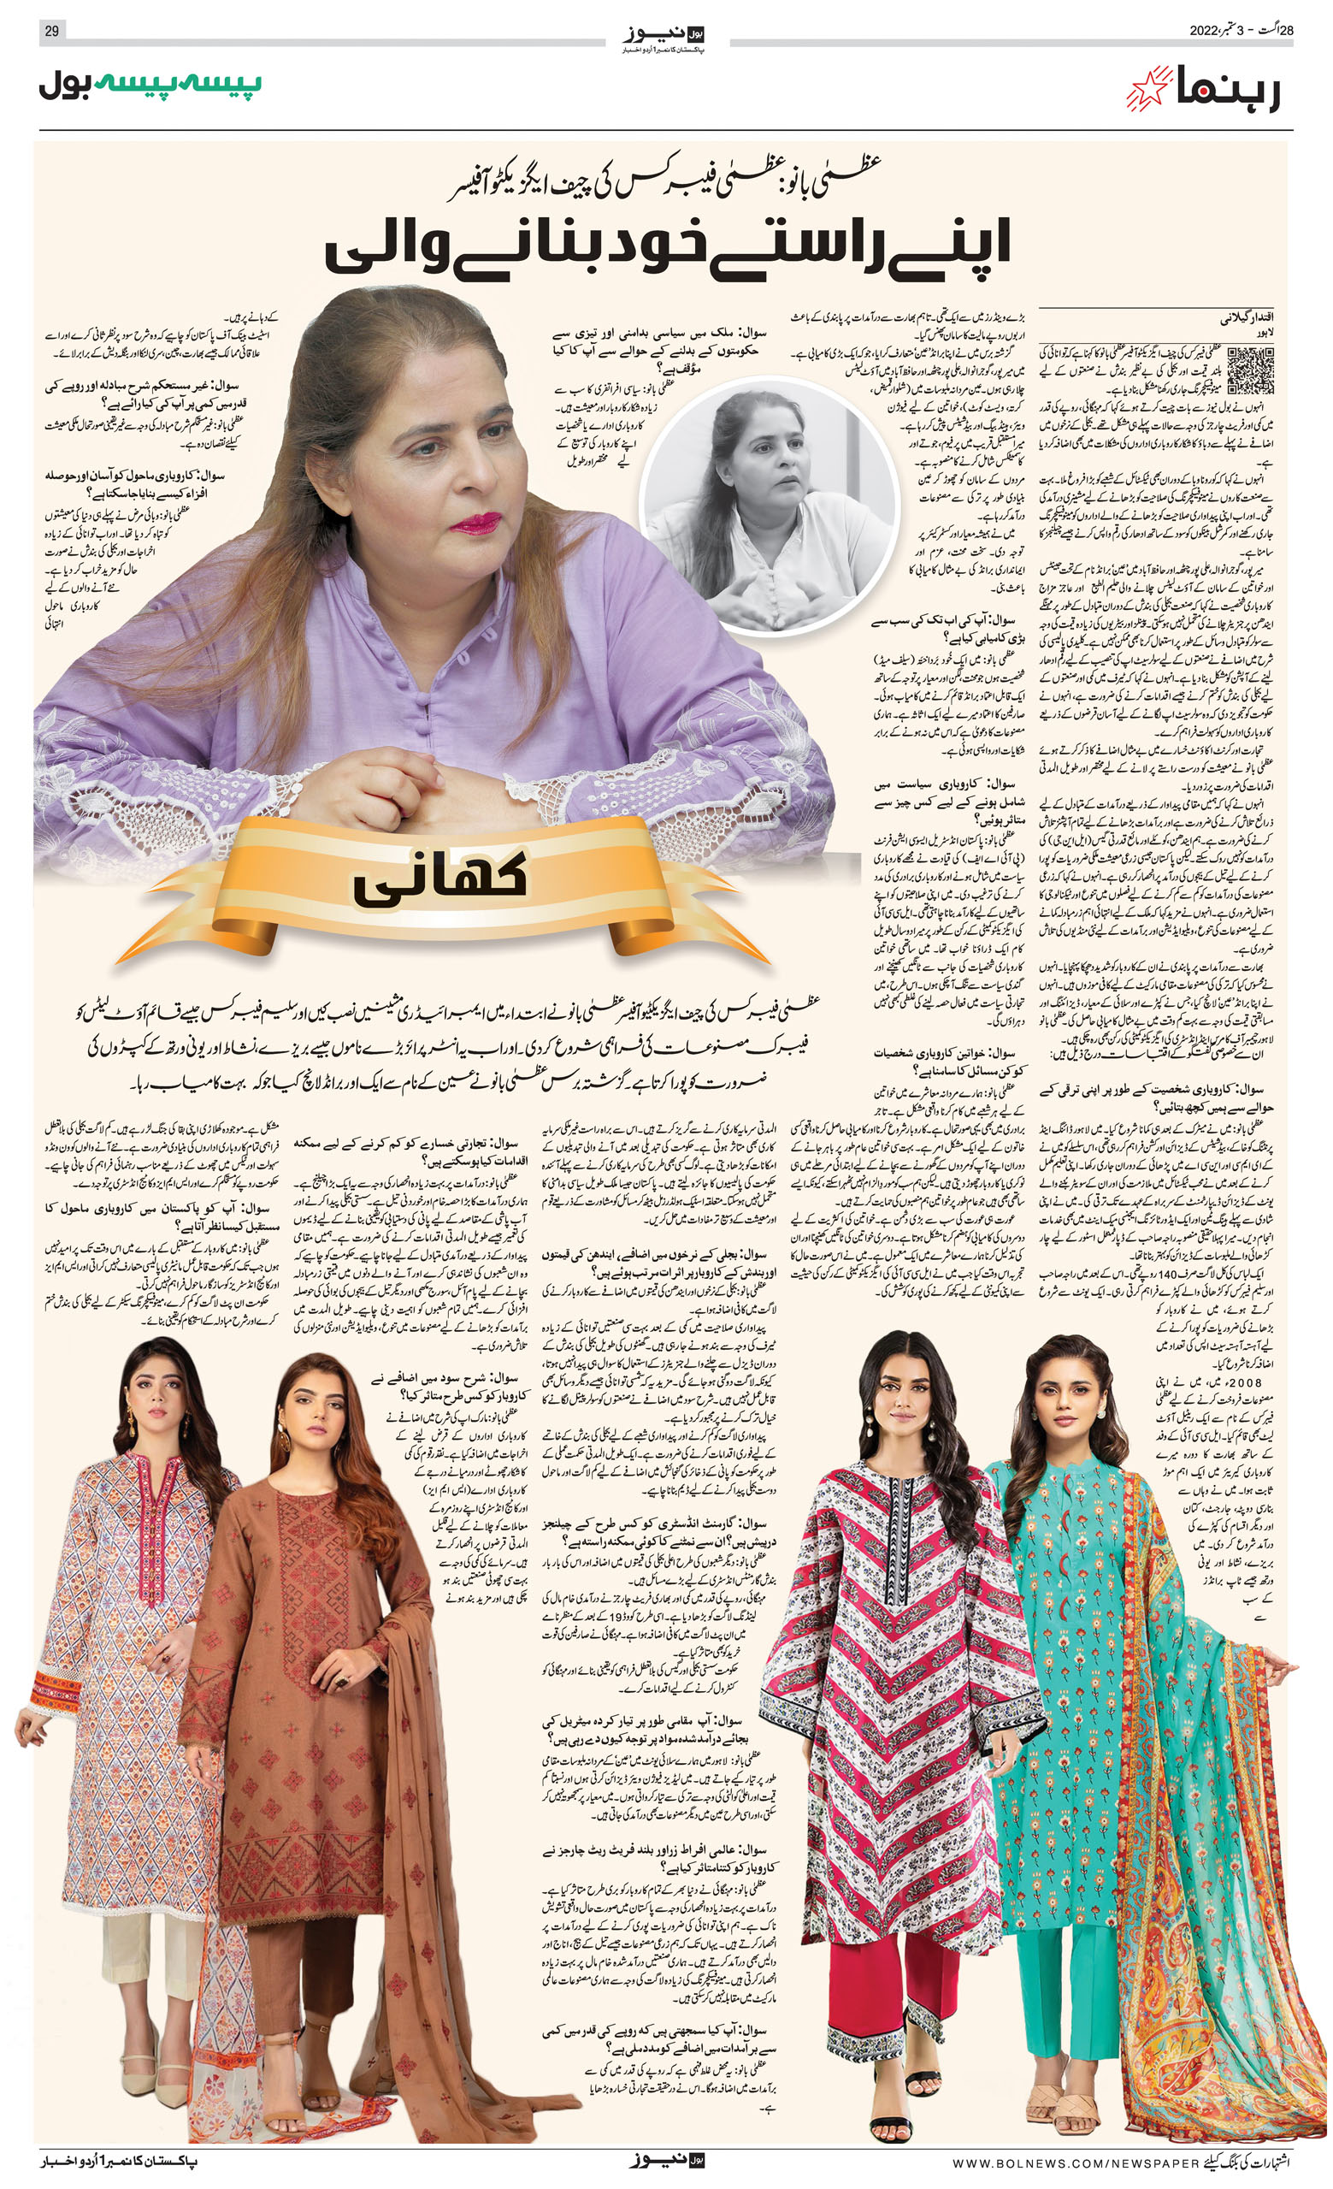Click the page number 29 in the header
[51, 31]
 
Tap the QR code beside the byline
[1248, 370]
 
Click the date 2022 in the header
[1208, 31]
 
